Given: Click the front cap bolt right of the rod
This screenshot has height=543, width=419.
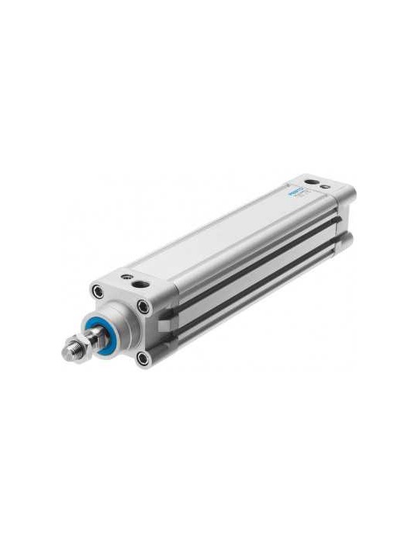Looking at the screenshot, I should pos(143,308).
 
